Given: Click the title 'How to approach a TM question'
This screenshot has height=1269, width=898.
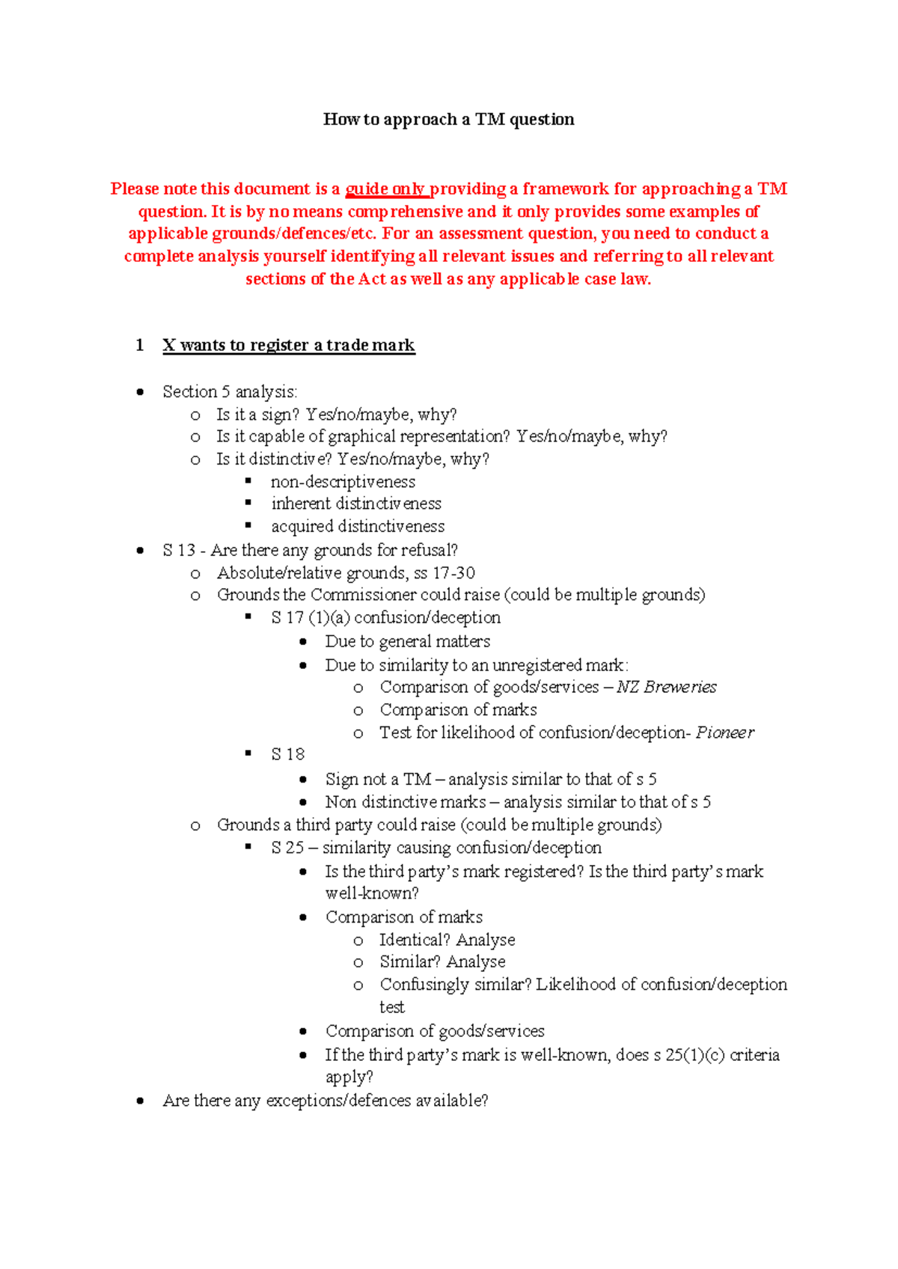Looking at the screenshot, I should click(x=448, y=120).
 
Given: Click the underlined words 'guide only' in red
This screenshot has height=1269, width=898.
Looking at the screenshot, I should click(x=385, y=189).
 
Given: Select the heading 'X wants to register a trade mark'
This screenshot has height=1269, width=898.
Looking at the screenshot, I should click(x=288, y=345).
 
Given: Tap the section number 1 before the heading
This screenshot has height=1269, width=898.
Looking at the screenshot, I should click(x=139, y=345).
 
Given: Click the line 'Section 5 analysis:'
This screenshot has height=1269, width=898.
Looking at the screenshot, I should click(x=230, y=391).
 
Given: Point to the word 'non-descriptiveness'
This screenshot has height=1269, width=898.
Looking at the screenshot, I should click(x=343, y=482).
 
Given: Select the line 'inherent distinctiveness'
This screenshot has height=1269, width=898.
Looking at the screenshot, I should click(x=356, y=504).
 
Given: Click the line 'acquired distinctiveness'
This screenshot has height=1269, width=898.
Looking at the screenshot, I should click(x=358, y=526).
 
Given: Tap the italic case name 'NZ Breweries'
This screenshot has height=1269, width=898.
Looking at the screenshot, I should click(x=666, y=687).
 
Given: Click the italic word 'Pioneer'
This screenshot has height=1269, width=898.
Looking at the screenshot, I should click(x=724, y=733).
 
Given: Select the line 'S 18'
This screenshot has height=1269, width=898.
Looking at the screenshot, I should click(x=288, y=754).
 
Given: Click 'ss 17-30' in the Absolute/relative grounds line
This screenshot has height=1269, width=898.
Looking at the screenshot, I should click(x=445, y=573).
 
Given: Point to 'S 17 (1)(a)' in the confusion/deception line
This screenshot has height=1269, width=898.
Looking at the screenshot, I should click(x=310, y=618).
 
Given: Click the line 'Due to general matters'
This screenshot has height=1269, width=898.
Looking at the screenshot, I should click(x=407, y=641).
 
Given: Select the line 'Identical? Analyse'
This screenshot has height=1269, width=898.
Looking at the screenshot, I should click(x=447, y=940).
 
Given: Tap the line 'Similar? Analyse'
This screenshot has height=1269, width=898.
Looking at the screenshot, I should click(x=442, y=961).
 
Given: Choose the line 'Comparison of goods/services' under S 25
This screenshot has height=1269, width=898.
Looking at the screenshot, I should click(x=434, y=1031).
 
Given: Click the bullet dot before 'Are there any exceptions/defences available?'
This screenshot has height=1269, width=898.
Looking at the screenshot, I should click(x=140, y=1101).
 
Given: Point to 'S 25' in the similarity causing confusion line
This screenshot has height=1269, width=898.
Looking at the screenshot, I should click(x=287, y=848).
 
